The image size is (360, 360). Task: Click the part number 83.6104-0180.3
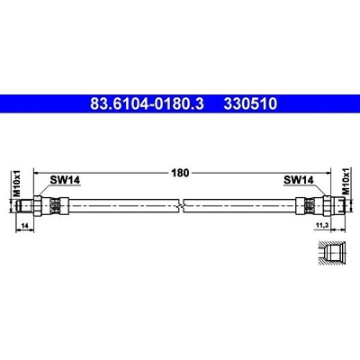pos(147,103)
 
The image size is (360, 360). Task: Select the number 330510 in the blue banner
pos(250,103)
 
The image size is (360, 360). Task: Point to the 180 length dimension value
pos(180,173)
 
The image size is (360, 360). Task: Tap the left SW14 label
pos(65,180)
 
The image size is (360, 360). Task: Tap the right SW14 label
pos(299,180)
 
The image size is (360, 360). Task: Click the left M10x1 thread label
pos(17,183)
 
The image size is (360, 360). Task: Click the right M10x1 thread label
pos(346,182)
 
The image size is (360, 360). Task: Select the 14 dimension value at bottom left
pos(25,227)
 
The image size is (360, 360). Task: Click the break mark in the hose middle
pos(180,205)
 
